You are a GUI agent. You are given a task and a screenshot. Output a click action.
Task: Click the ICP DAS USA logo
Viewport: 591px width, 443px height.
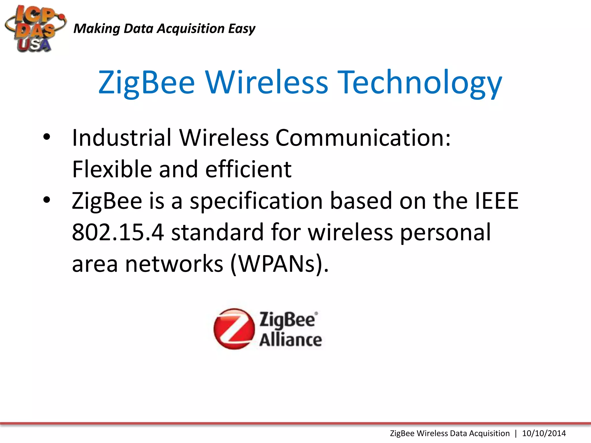pyautogui.click(x=35, y=29)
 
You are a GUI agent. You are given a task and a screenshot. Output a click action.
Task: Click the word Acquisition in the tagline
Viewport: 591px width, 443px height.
pyautogui.click(x=190, y=29)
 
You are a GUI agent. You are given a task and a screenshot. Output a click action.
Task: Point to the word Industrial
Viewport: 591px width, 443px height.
pyautogui.click(x=122, y=138)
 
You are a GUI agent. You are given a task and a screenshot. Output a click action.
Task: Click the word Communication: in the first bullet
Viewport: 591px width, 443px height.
pyautogui.click(x=363, y=138)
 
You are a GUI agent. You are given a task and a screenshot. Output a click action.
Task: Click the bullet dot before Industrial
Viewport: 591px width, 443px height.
pyautogui.click(x=46, y=138)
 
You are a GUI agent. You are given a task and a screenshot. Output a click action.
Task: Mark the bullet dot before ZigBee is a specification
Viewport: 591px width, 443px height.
pyautogui.click(x=46, y=200)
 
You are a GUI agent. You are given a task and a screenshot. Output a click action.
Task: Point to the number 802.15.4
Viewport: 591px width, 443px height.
pyautogui.click(x=118, y=232)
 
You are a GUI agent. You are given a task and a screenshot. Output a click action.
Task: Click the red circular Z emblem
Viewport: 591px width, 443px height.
pyautogui.click(x=234, y=329)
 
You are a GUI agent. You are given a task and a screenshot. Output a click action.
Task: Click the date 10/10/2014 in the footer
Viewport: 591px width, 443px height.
pyautogui.click(x=544, y=433)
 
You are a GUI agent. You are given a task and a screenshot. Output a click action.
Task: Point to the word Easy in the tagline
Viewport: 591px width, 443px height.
pyautogui.click(x=242, y=29)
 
